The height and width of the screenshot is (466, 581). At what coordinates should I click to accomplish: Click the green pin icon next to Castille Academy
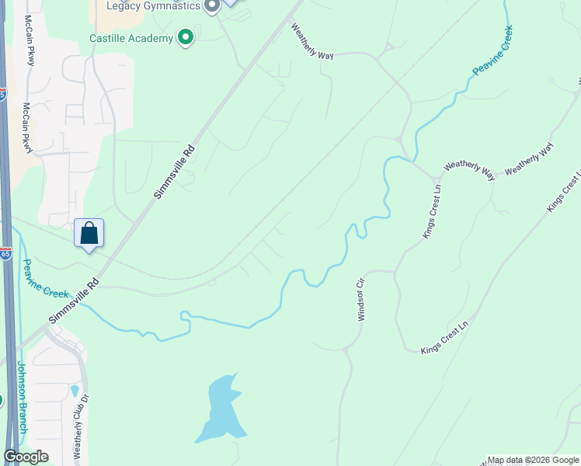coord(185,37)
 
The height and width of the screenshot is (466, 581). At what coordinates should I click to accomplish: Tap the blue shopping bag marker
coord(89,233)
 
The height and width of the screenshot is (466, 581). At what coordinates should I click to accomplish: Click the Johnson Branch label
coord(22,398)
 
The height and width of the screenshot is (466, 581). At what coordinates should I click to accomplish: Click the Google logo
coord(26,457)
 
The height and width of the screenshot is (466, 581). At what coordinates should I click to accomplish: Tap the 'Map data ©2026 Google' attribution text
coord(533,460)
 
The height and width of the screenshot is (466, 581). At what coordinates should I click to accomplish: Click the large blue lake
coord(219,409)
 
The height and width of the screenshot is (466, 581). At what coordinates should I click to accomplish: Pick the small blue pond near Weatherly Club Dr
coord(75,391)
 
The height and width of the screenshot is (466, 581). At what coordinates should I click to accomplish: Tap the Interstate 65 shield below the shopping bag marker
coord(5,254)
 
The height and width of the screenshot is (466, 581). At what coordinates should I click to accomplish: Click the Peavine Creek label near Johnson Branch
coord(47,280)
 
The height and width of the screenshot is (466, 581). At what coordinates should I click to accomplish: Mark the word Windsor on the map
coord(360,306)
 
